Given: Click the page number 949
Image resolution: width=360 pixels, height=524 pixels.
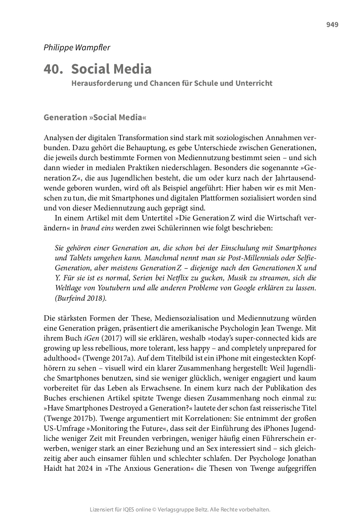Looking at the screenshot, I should (x=332, y=25).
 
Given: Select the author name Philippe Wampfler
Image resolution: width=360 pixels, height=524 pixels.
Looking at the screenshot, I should (x=77, y=47).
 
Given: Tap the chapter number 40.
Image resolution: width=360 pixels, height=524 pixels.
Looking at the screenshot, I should (x=53, y=69).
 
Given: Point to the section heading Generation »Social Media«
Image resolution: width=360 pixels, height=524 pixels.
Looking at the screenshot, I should (x=95, y=117).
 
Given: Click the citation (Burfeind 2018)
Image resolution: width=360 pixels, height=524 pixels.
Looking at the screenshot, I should (x=81, y=298).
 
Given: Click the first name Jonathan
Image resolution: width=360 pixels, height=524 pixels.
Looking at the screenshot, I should (x=298, y=459).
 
